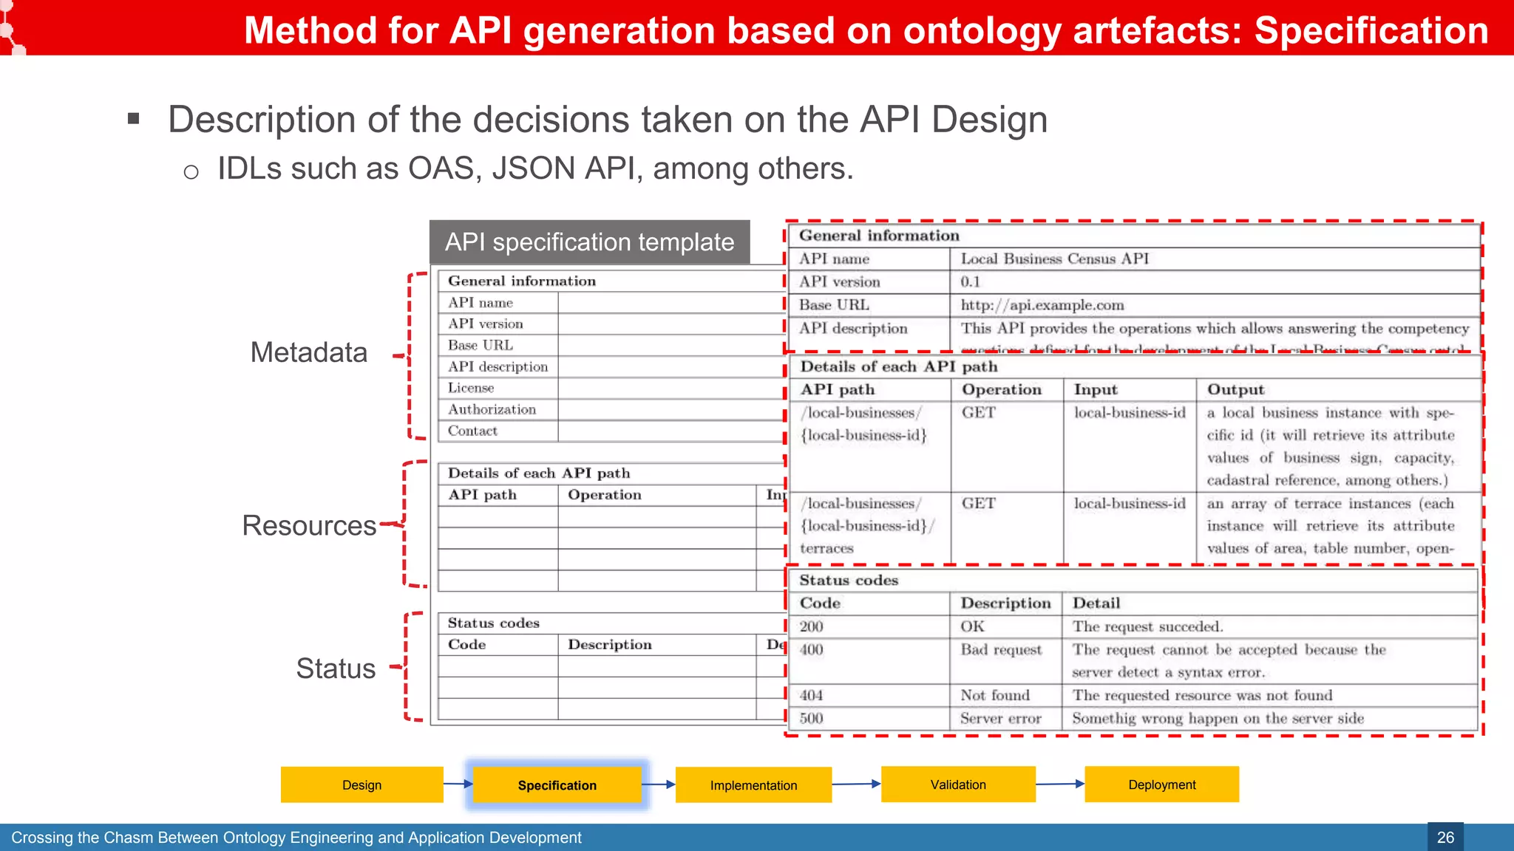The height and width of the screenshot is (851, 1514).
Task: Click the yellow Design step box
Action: point(361,785)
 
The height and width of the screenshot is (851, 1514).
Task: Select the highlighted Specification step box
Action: point(557,785)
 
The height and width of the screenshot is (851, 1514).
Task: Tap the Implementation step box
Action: point(753,785)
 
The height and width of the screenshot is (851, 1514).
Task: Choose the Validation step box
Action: point(958,785)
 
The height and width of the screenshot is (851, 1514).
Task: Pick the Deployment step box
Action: point(1161,785)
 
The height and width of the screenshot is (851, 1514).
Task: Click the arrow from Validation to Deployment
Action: point(1059,784)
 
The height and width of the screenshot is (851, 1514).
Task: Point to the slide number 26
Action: point(1445,837)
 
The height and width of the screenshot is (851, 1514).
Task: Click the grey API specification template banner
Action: point(589,242)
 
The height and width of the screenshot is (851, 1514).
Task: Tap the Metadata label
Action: point(308,352)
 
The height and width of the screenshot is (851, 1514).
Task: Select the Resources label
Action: point(309,525)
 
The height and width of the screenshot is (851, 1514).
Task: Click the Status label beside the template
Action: point(336,669)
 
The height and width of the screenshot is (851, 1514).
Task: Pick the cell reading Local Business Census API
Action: point(1054,259)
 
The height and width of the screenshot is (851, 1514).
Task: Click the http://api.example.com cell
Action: point(1042,305)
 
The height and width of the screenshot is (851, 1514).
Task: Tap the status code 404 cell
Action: point(811,695)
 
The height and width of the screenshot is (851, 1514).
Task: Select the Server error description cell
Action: point(1000,718)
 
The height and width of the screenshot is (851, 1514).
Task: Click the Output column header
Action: point(1235,389)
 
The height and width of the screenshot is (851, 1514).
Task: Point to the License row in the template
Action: point(471,388)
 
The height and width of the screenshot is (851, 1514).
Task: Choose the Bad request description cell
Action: point(1001,650)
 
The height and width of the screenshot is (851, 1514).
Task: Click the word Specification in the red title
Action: point(1371,31)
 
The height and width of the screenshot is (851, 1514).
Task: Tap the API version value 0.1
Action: point(970,281)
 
